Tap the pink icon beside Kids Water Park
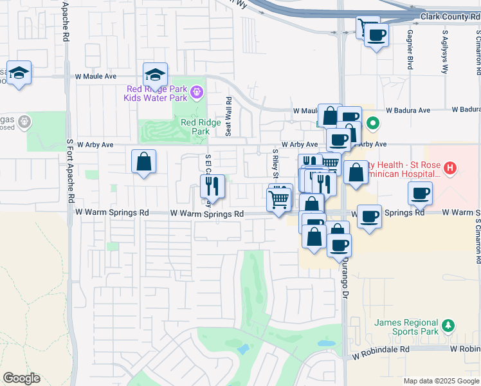196,94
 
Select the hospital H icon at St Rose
451,169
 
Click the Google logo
21,378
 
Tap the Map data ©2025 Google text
440,381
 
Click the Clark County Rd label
449,16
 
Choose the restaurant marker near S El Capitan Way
212,187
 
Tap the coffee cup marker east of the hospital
420,193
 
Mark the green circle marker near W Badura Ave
372,122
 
